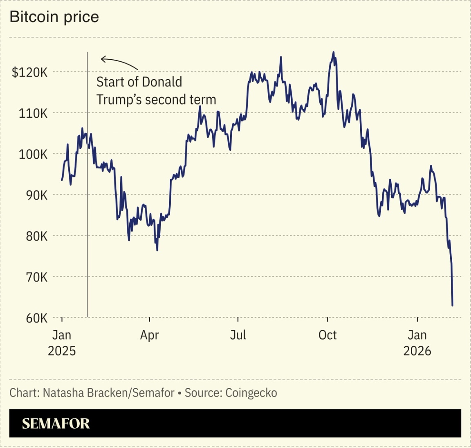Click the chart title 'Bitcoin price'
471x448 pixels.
[x=54, y=17]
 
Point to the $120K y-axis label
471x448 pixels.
[x=29, y=72]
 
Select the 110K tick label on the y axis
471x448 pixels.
[x=33, y=113]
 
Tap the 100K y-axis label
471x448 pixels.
[x=33, y=155]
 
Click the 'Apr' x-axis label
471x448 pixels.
[x=149, y=335]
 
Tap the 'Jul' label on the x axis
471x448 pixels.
[x=238, y=335]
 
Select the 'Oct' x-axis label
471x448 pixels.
[x=327, y=335]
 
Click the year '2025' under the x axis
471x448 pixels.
[x=62, y=351]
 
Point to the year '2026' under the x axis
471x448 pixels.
[x=417, y=351]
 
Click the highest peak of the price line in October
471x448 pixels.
[x=333, y=52]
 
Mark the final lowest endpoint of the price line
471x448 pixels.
[x=452, y=305]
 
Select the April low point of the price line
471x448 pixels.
[x=157, y=250]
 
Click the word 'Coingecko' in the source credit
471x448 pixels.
[x=251, y=393]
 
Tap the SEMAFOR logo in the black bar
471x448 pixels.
[x=56, y=423]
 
